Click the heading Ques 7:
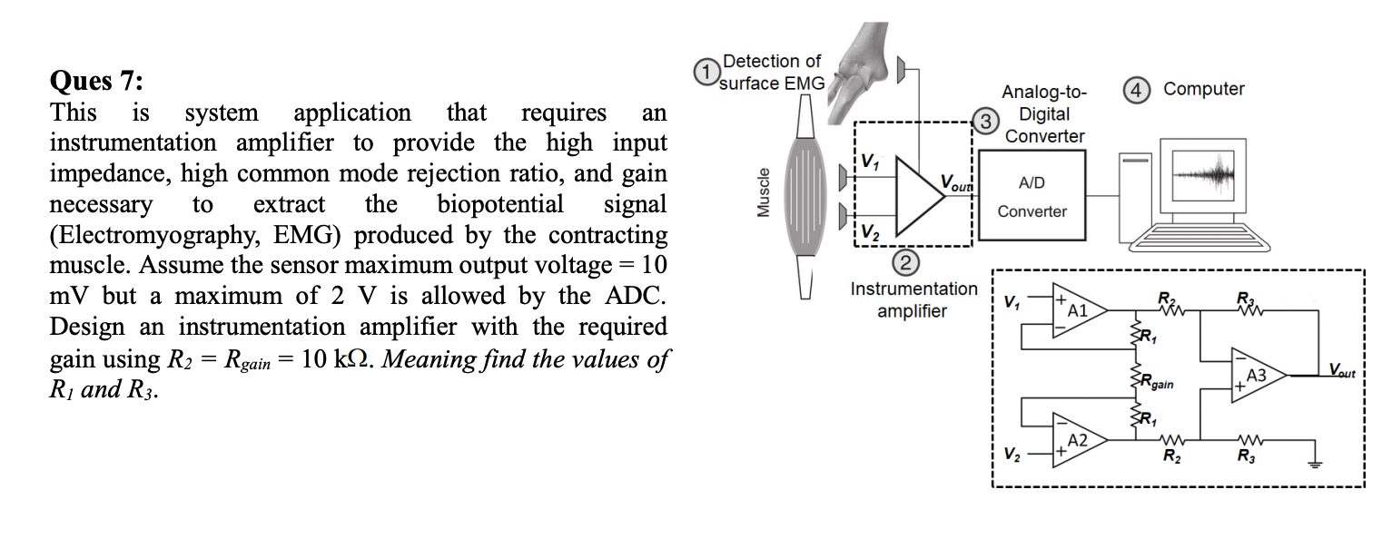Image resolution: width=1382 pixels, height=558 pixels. click(96, 82)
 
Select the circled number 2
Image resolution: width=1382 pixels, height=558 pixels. click(905, 265)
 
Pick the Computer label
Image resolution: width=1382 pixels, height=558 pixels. click(1203, 89)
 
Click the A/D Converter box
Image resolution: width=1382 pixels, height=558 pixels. click(1032, 196)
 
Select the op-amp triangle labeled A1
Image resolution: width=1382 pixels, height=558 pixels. click(1078, 310)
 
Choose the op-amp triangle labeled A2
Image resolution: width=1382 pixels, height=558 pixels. click(1078, 440)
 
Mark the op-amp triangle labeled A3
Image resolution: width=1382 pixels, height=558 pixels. click(1258, 375)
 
